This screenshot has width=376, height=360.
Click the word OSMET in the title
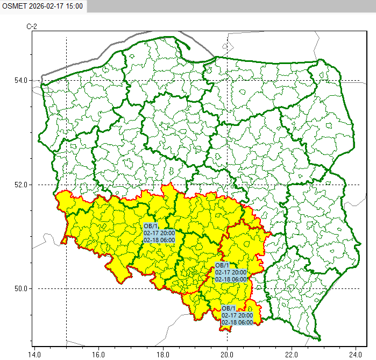pyautogui.click(x=13, y=5)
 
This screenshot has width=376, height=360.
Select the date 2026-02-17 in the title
pyautogui.click(x=44, y=5)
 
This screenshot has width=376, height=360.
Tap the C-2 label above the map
pyautogui.click(x=32, y=26)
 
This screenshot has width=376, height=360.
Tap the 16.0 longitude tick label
pyautogui.click(x=98, y=354)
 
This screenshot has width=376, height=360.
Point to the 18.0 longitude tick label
pyautogui.click(x=162, y=354)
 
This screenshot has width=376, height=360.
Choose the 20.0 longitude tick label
pyautogui.click(x=227, y=354)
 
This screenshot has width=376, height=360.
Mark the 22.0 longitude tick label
pyautogui.click(x=291, y=354)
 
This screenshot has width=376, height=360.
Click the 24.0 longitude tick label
pyautogui.click(x=355, y=354)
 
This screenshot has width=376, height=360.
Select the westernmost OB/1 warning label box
pyautogui.click(x=159, y=232)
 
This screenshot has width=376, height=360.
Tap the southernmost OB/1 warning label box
pyautogui.click(x=237, y=315)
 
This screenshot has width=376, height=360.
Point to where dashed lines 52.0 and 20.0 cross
pyautogui.click(x=227, y=185)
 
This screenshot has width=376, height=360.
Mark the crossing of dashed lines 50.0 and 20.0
pyautogui.click(x=227, y=289)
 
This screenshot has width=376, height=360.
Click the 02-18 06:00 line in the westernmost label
pyautogui.click(x=159, y=239)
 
